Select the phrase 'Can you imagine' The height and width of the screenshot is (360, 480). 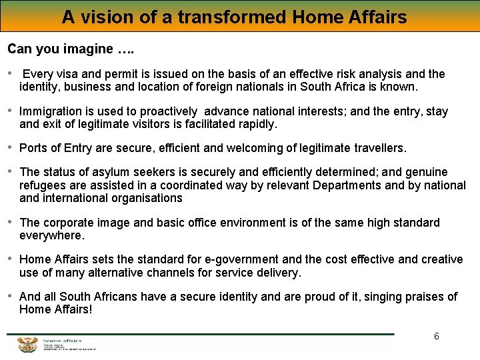[x=60, y=49]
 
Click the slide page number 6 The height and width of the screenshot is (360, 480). [x=437, y=336]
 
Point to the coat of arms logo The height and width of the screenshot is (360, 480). [x=27, y=345]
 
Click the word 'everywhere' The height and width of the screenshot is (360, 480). [x=51, y=235]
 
